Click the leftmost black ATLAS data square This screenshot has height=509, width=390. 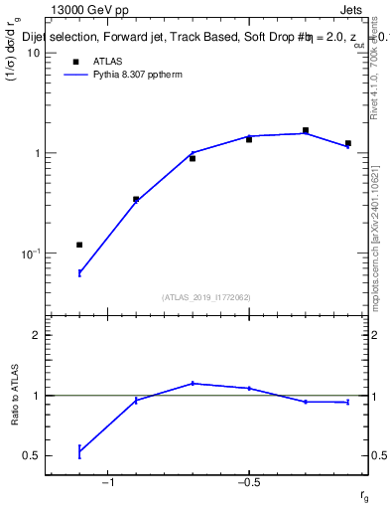coord(79,245)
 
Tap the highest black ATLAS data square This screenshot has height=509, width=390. coord(306,130)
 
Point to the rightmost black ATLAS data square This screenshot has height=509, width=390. coord(347,143)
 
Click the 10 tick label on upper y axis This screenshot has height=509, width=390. coord(32,53)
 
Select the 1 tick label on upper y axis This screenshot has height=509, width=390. coord(35,153)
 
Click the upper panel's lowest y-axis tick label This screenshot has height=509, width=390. coord(29,254)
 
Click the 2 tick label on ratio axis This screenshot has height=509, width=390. coord(35,335)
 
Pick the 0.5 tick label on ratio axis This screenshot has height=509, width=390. coord(29,455)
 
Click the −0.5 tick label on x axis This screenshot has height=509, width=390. coord(248,484)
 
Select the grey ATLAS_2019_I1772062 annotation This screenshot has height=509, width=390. coord(205,297)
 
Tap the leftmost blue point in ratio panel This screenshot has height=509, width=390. coord(79,451)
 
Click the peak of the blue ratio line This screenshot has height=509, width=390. coord(193,383)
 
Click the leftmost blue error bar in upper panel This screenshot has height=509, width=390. coord(79,272)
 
